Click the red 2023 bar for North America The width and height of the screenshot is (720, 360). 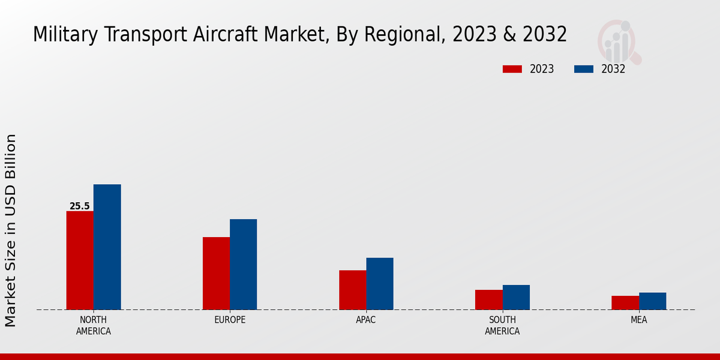click(80, 260)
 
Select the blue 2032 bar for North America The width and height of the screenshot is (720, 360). click(107, 247)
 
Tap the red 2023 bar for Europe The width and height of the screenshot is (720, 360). click(216, 273)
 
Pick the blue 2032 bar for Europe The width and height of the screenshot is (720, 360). click(243, 264)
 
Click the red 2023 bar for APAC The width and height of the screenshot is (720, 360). click(352, 290)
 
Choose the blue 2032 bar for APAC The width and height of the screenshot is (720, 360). click(380, 283)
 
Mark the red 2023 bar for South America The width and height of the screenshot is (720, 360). click(488, 299)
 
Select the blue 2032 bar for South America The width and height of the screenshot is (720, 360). click(516, 297)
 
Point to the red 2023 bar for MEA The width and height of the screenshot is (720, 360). click(625, 302)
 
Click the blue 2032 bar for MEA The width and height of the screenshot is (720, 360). click(652, 301)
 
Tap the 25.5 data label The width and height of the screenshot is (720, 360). click(79, 206)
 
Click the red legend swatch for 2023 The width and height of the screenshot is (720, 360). click(512, 69)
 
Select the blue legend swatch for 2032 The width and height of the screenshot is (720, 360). click(583, 69)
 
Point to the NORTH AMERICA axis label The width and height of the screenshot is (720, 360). click(94, 325)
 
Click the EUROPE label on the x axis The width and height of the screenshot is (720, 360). click(230, 320)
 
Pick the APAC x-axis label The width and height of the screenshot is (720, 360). click(366, 320)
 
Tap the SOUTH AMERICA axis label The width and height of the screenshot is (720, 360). click(502, 325)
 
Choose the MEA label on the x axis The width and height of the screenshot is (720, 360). click(638, 320)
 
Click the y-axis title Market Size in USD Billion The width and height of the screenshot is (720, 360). click(11, 230)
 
